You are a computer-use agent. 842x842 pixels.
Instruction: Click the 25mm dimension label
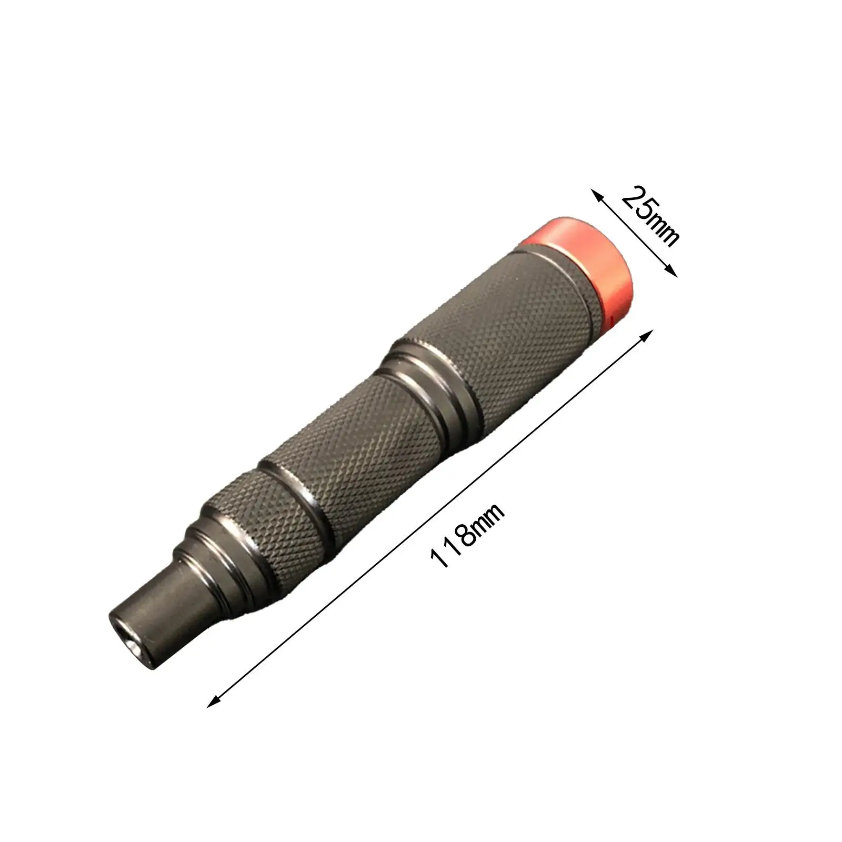click(649, 215)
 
